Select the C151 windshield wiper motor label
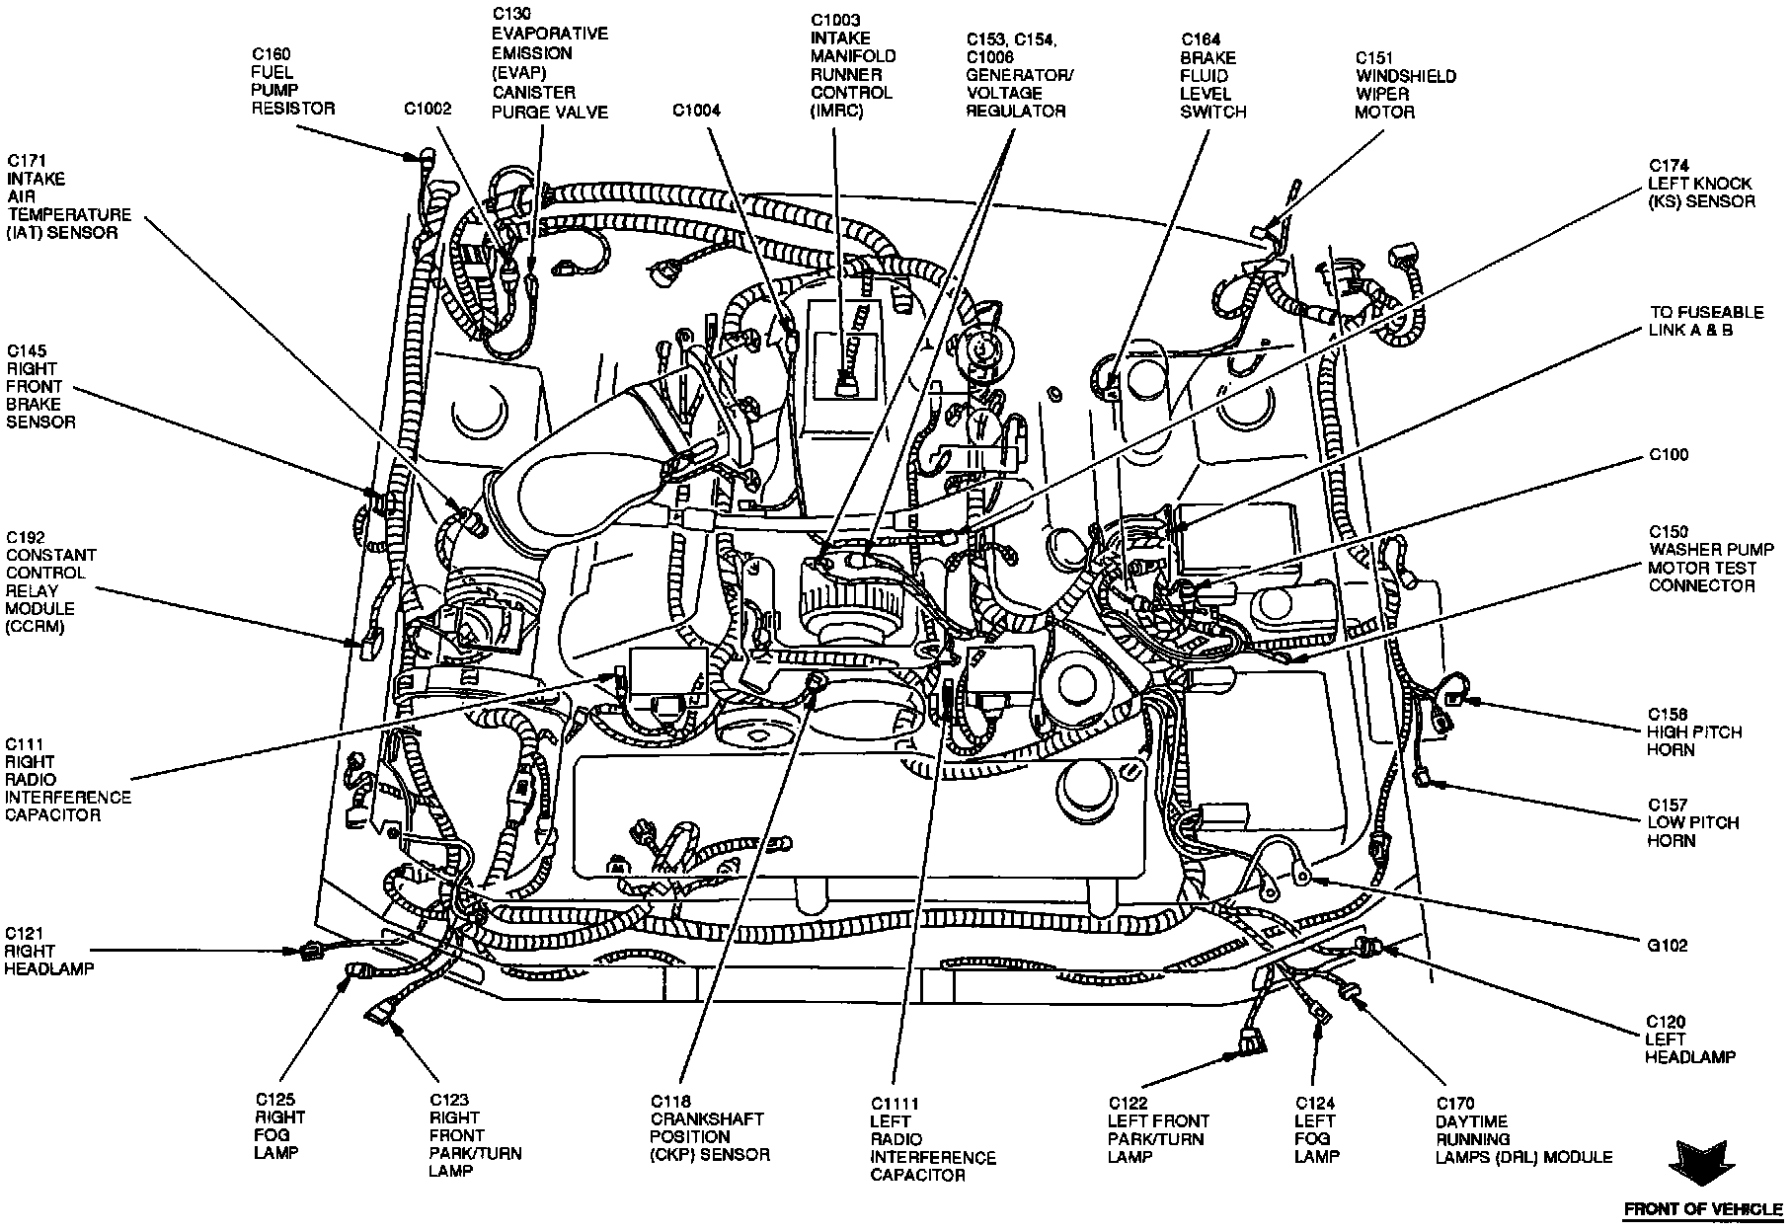point(1404,85)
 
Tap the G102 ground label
point(1667,945)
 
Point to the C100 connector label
point(1668,455)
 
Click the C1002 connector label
point(427,109)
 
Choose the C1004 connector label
point(696,111)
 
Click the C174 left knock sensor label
point(1700,184)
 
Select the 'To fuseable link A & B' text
point(1705,321)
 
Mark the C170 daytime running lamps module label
point(1523,1138)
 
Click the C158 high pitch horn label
point(1693,731)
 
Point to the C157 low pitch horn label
point(1692,822)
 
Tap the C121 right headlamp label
point(48,951)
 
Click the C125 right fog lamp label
point(279,1125)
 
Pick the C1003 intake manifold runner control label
point(850,64)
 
